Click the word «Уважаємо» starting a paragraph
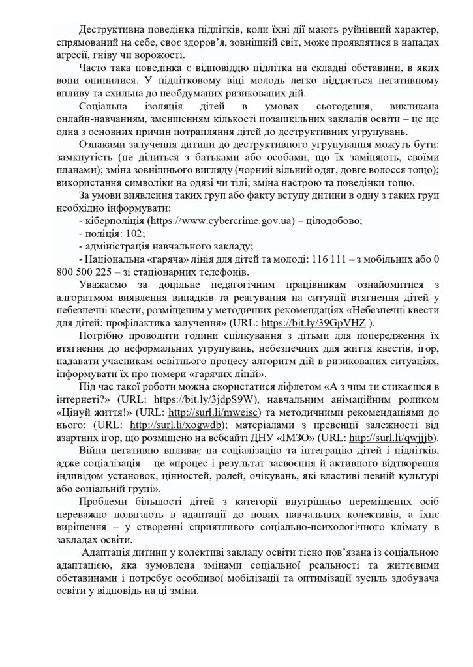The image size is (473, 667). point(103,285)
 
